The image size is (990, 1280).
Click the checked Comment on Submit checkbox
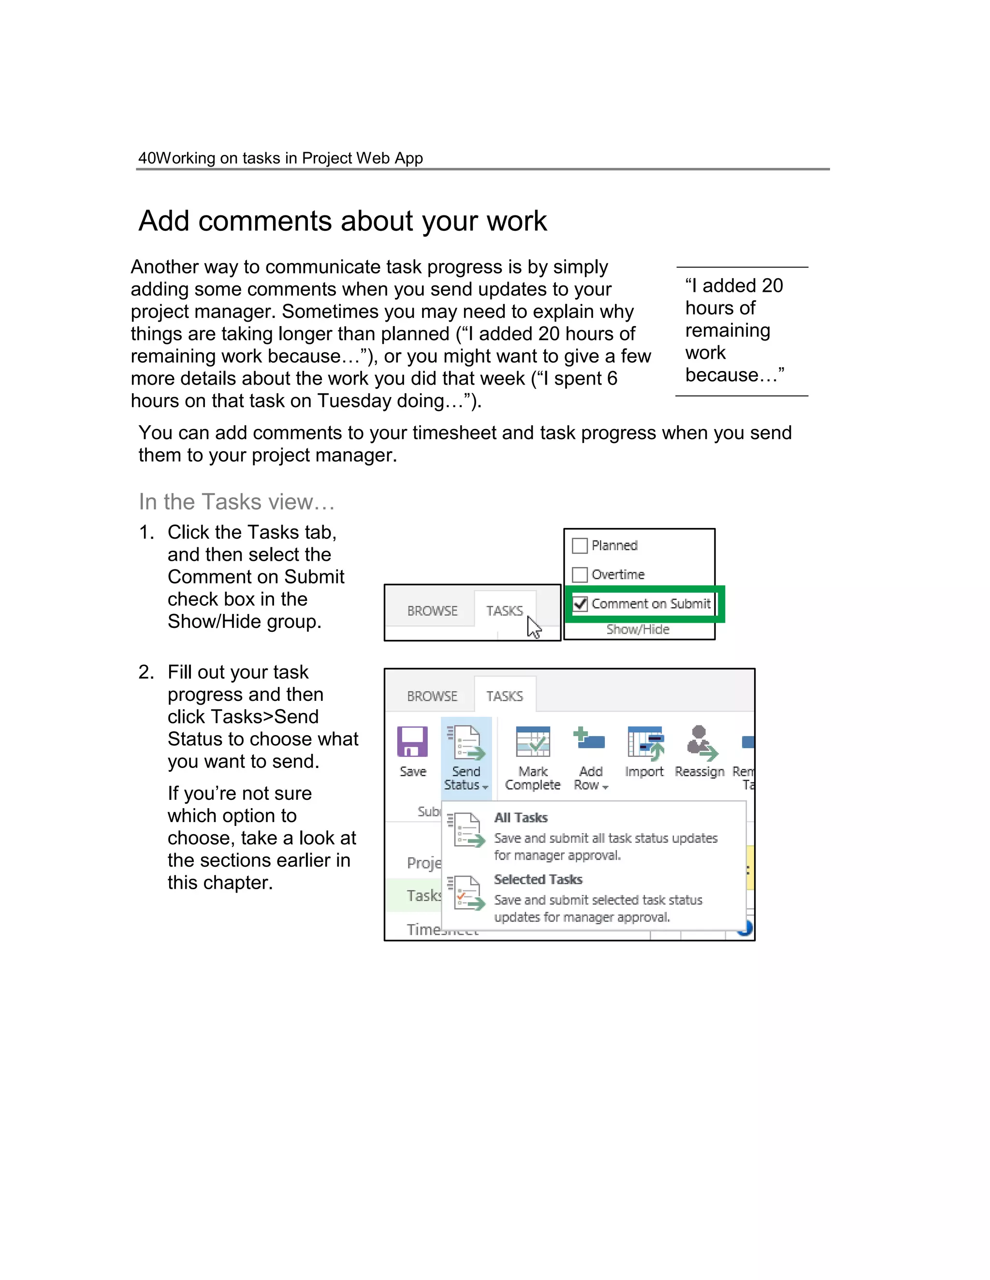point(580,604)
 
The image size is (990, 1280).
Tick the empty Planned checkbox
point(580,546)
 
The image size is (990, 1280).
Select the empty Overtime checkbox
point(580,574)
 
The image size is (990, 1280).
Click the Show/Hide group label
point(638,629)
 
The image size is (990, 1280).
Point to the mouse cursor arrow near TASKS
point(533,626)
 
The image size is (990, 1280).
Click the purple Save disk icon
point(412,742)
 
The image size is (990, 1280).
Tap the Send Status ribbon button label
point(466,778)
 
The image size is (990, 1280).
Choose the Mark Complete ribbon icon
point(533,742)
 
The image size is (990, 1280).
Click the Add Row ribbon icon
point(589,740)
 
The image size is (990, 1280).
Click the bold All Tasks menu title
point(521,818)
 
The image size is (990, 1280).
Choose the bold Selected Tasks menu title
point(538,879)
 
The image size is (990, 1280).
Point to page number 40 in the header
point(146,158)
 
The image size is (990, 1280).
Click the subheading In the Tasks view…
point(236,502)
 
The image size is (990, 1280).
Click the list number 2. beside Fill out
point(146,672)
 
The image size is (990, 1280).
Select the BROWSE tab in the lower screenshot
point(432,696)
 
